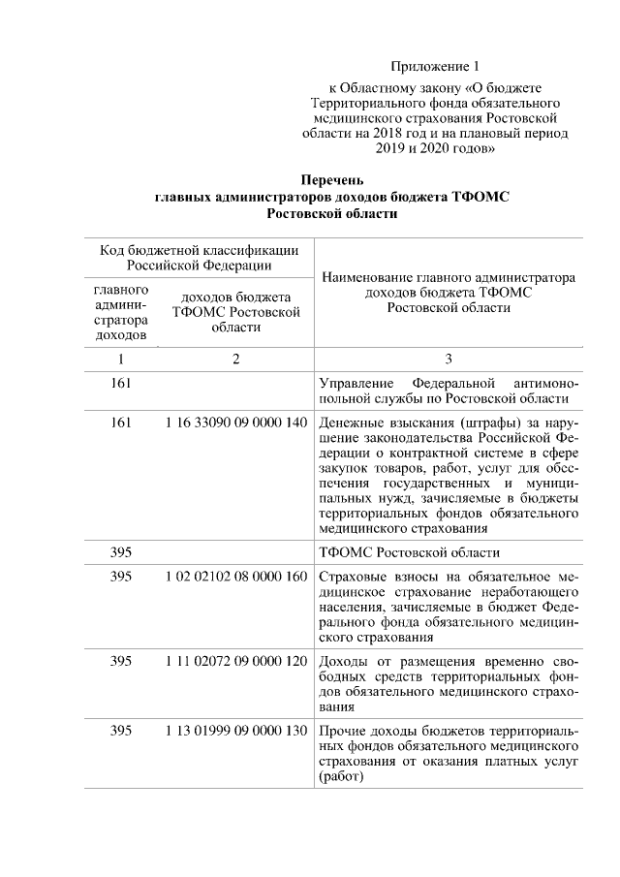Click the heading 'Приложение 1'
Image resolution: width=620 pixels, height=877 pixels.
click(x=435, y=67)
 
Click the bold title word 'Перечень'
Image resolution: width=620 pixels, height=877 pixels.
click(x=332, y=180)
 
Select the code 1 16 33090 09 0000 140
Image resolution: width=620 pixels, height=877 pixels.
click(x=235, y=423)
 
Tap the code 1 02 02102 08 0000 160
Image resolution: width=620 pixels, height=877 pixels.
click(x=235, y=577)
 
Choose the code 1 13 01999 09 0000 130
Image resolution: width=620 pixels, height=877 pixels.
click(x=235, y=729)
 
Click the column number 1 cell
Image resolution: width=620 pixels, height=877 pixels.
click(x=121, y=359)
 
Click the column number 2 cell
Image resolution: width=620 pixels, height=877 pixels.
click(x=235, y=359)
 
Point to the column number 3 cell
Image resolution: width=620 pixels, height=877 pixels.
click(x=448, y=359)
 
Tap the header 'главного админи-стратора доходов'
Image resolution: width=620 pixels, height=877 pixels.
click(x=121, y=312)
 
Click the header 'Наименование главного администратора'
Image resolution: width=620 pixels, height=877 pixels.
click(x=448, y=276)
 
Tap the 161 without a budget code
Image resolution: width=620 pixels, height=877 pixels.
click(x=121, y=382)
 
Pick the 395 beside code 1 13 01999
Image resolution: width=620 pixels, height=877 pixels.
click(x=121, y=729)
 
